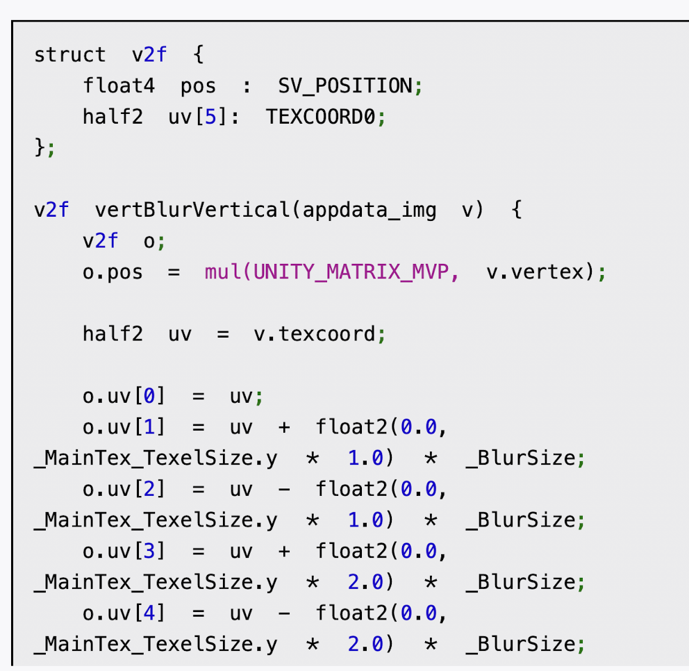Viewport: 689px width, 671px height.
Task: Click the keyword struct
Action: (x=70, y=55)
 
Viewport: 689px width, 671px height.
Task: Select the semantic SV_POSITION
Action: (x=344, y=86)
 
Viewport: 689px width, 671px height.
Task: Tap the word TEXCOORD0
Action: (x=322, y=117)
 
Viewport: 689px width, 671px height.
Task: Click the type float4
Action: (x=113, y=86)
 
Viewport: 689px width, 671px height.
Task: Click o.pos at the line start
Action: (x=113, y=272)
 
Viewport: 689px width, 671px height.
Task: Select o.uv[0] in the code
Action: (x=124, y=397)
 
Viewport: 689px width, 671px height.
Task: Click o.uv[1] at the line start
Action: (x=124, y=427)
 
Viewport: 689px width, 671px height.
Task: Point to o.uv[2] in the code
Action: (x=124, y=489)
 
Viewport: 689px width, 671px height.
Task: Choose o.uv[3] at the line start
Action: (x=124, y=551)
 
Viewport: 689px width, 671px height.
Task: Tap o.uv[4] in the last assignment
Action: (x=124, y=613)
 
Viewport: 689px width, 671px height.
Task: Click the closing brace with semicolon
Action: (x=44, y=148)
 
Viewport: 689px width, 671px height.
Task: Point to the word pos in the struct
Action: (x=198, y=86)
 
